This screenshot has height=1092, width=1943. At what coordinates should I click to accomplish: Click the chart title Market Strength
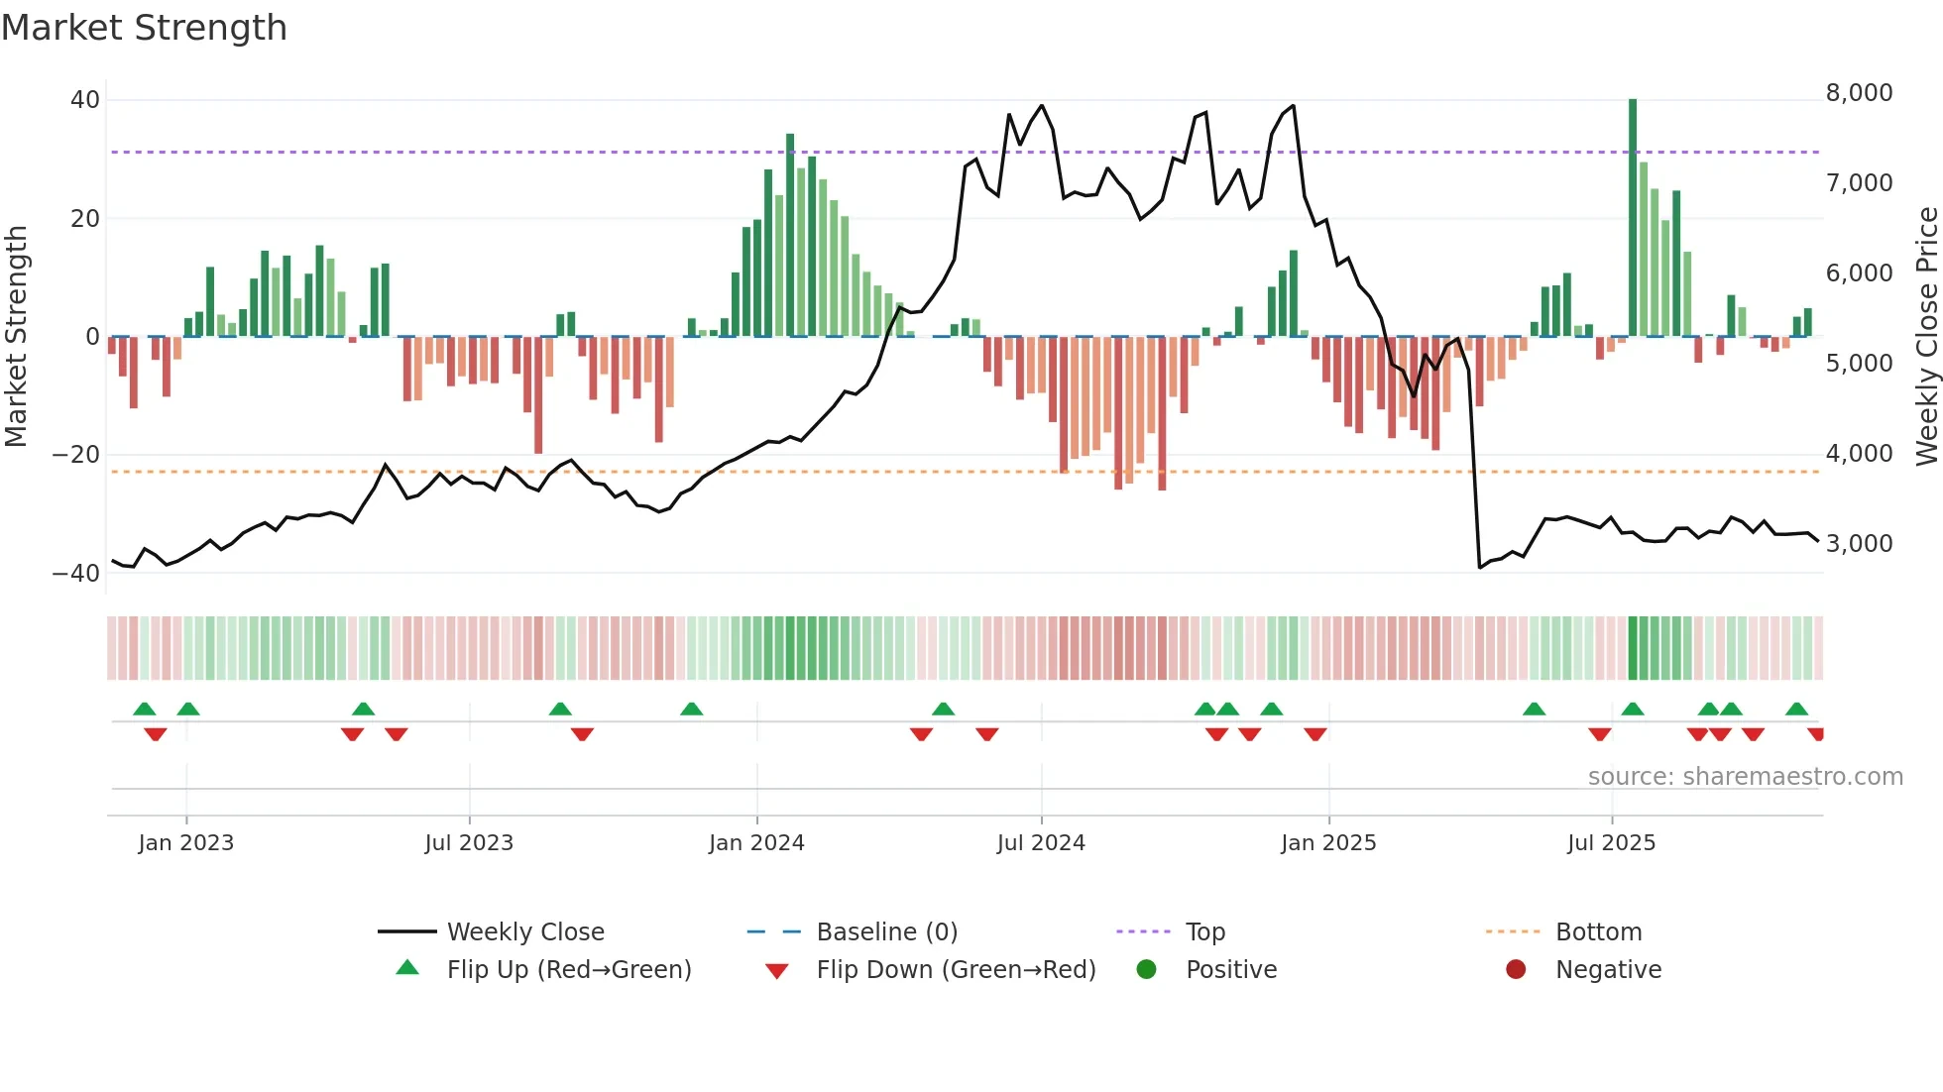[144, 28]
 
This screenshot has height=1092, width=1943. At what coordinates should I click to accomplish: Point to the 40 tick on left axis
[85, 100]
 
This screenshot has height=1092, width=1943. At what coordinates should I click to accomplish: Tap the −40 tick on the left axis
[76, 574]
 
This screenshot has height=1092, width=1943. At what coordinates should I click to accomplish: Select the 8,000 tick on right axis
[1859, 93]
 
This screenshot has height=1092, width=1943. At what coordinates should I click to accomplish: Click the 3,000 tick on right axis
[1859, 544]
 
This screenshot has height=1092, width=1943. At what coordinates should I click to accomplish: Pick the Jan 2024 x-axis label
[756, 843]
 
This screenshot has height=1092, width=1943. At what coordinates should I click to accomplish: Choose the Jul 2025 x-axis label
[1611, 843]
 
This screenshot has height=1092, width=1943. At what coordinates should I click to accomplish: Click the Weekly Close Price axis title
[1926, 337]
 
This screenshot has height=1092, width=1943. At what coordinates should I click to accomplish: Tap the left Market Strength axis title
[17, 337]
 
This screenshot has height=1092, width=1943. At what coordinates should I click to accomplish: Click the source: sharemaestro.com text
[1745, 777]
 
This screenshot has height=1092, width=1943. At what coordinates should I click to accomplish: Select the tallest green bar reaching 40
[1633, 218]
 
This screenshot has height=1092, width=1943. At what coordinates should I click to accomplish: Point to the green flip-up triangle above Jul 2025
[1633, 709]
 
